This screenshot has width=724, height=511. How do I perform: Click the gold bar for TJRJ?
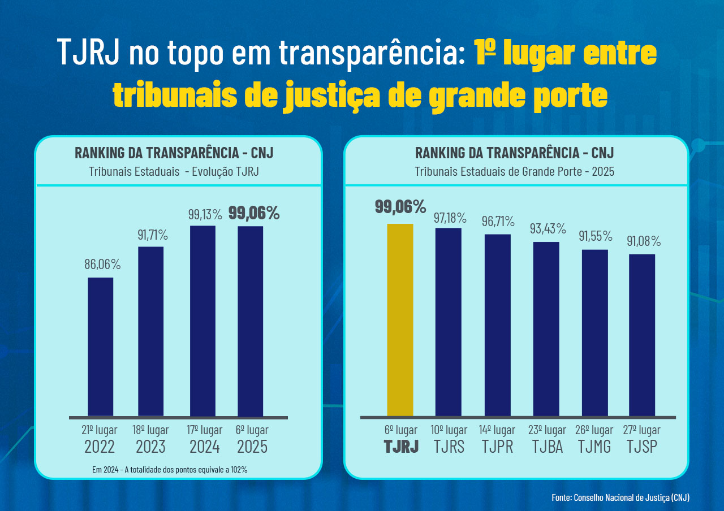pyautogui.click(x=400, y=320)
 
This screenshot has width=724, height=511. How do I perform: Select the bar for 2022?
pyautogui.click(x=101, y=347)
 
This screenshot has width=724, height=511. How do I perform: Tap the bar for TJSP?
pyautogui.click(x=642, y=335)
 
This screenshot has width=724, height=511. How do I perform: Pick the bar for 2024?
pyautogui.click(x=202, y=321)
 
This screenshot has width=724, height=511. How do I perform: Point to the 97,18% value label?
pyautogui.click(x=450, y=218)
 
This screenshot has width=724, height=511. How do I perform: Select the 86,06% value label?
pyautogui.click(x=102, y=264)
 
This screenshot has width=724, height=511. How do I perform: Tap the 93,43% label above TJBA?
pyautogui.click(x=548, y=229)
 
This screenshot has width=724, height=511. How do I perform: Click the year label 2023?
pyautogui.click(x=150, y=447)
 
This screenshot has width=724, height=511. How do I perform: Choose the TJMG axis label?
pyautogui.click(x=594, y=446)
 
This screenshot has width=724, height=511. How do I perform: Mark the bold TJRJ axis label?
pyautogui.click(x=401, y=446)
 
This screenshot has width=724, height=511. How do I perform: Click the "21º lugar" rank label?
pyautogui.click(x=100, y=430)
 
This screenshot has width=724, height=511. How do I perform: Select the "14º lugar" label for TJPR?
pyautogui.click(x=497, y=430)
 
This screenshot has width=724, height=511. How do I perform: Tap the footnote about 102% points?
pyautogui.click(x=169, y=469)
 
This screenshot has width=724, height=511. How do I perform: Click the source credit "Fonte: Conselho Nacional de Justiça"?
pyautogui.click(x=620, y=497)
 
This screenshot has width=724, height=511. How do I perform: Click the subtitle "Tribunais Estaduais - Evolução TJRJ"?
pyautogui.click(x=174, y=172)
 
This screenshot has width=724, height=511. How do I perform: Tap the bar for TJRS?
pyautogui.click(x=448, y=322)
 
